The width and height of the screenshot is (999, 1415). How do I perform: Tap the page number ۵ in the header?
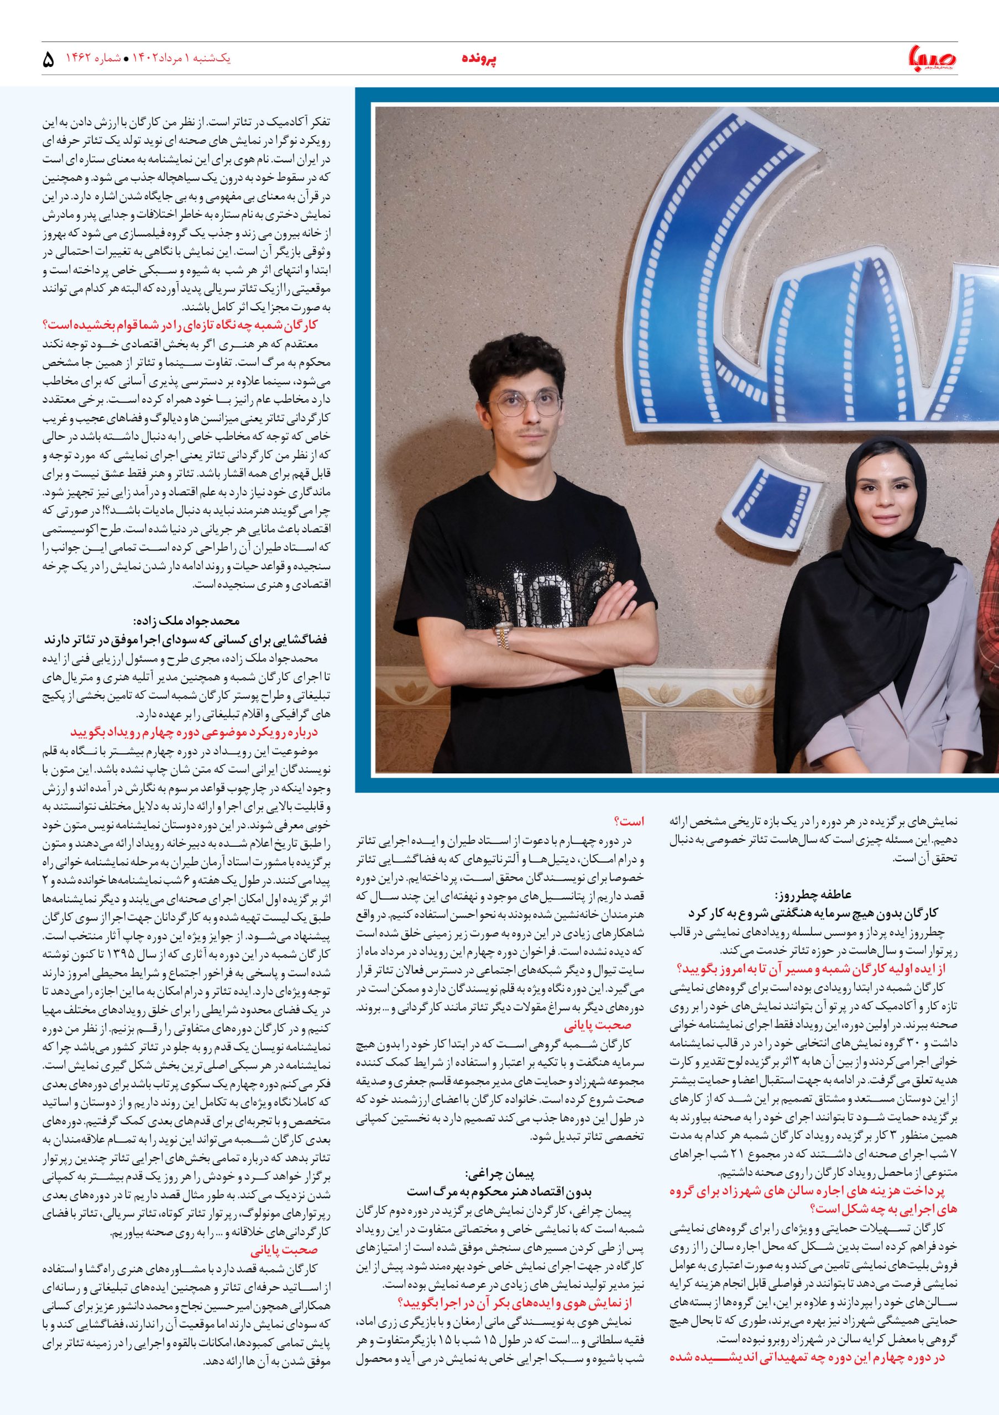tap(49, 60)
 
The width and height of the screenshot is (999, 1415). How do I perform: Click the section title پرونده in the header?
tap(479, 59)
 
